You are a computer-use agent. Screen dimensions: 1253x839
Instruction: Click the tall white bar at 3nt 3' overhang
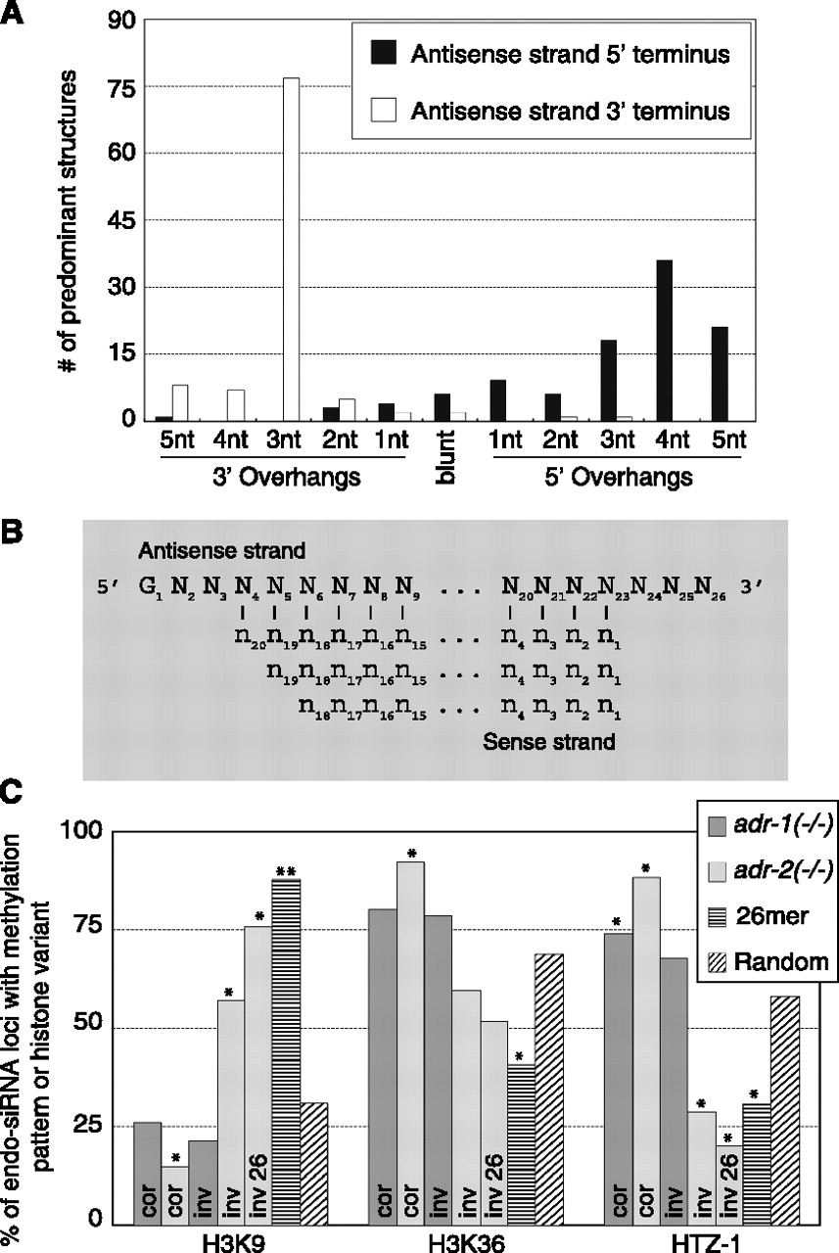coord(291,249)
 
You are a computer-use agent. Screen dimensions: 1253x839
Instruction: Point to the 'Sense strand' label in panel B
coord(548,742)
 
